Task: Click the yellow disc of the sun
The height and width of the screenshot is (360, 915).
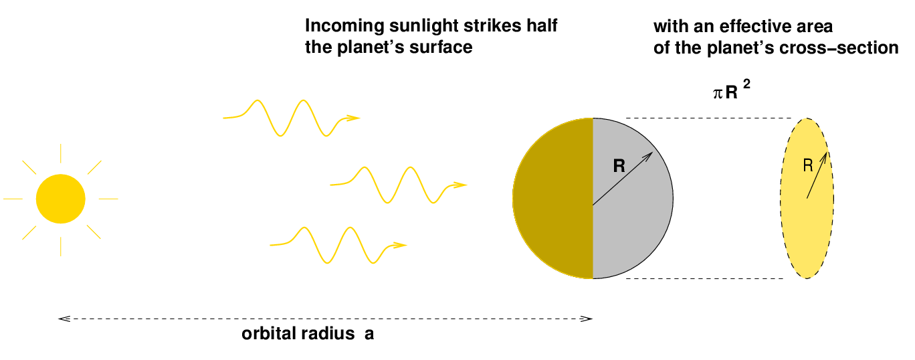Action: (x=60, y=199)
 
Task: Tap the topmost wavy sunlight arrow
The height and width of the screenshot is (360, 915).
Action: (x=291, y=118)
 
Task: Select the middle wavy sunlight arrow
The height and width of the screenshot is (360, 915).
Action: (x=398, y=185)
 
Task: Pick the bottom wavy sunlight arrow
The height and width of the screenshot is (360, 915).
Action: (x=338, y=245)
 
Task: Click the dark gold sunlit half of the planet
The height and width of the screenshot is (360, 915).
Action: (x=552, y=199)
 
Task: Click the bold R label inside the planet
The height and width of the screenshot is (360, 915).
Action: (x=619, y=166)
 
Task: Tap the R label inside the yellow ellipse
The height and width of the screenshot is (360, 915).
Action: (x=808, y=165)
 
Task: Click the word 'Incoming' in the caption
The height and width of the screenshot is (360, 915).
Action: (x=344, y=26)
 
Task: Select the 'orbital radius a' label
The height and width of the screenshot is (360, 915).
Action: (x=308, y=334)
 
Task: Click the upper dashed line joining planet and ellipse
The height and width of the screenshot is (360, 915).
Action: (x=709, y=118)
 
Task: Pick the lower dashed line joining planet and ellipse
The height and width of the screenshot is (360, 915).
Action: (x=704, y=278)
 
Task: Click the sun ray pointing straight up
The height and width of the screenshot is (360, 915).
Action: (x=60, y=153)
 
